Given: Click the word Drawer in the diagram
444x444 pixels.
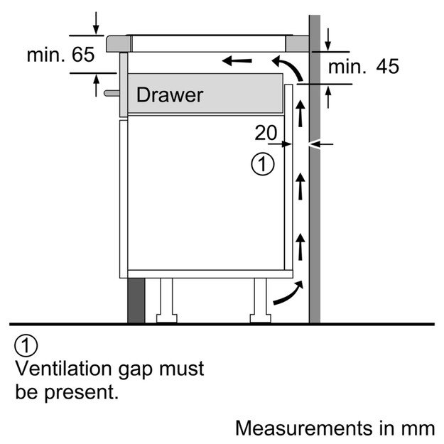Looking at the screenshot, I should [170, 94].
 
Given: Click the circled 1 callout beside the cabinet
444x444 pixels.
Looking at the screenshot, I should [262, 165].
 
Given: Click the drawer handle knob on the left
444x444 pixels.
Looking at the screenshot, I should [110, 92].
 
